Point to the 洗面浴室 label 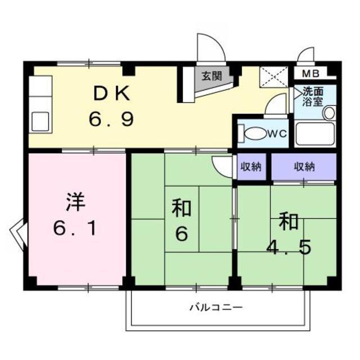(313, 96)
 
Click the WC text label (277, 134)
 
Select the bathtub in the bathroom (314, 134)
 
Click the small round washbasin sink (329, 112)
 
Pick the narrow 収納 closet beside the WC (251, 166)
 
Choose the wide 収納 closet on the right (304, 166)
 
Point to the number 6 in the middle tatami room (181, 233)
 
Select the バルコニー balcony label (215, 308)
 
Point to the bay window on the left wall (18, 232)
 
